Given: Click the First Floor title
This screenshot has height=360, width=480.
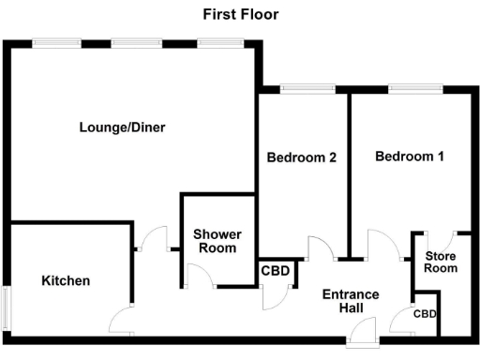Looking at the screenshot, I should [241, 14].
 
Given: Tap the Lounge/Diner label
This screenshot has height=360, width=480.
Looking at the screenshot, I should [122, 127].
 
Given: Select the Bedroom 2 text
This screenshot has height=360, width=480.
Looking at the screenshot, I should [301, 157].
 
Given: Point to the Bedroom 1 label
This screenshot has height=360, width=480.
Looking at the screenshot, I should [410, 157].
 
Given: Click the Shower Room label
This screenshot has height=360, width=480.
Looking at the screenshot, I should [217, 241].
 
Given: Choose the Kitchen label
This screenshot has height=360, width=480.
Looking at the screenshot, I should [66, 280].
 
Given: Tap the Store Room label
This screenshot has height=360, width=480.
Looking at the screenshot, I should [441, 262].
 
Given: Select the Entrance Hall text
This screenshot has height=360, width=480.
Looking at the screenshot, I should [351, 301].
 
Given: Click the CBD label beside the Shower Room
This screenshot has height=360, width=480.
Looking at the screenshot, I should [276, 272].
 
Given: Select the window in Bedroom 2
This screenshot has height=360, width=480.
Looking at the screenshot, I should [298, 89].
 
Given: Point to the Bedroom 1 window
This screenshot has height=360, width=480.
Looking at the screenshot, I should [405, 89].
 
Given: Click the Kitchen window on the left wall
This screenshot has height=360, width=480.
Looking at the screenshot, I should [6, 306].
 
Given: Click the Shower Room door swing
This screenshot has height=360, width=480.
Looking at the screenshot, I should [199, 275].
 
